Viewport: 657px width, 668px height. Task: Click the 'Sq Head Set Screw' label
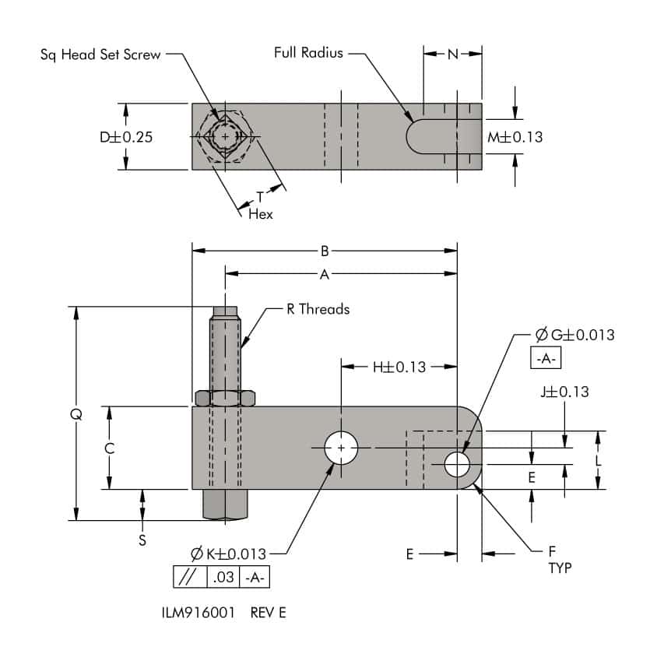pos(100,55)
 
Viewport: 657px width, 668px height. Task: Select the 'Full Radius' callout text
pos(308,54)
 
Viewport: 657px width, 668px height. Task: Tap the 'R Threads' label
pos(318,309)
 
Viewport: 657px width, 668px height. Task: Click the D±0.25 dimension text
pos(125,137)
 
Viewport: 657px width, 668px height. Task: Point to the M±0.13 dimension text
pos(515,137)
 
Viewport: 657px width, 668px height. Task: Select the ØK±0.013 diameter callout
pos(228,554)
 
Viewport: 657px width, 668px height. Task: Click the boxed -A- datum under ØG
pos(545,359)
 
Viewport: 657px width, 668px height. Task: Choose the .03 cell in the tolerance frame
pos(223,578)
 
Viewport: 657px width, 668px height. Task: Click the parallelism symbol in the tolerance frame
pos(188,578)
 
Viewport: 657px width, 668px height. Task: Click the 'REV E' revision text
pos(269,612)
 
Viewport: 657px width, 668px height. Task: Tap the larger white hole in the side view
pos(341,448)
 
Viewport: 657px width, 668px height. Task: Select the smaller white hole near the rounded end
pos(457,465)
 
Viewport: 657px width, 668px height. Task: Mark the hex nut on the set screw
pos(226,399)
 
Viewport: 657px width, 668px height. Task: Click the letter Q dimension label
pos(76,414)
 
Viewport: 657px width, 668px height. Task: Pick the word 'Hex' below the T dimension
pos(261,214)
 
